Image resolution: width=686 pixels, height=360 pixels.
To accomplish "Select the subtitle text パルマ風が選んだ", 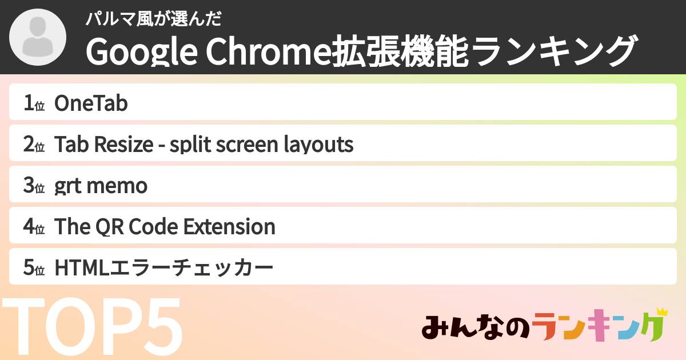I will tap(153, 19).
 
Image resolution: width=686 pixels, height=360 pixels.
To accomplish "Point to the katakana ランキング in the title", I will tap(554, 52).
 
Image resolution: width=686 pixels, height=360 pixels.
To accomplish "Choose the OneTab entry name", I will tap(91, 104).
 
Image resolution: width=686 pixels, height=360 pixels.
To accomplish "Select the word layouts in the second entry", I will tap(318, 145).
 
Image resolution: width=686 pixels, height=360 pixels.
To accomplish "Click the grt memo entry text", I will tap(101, 186).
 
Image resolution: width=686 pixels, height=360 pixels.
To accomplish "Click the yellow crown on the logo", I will tap(661, 312).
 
